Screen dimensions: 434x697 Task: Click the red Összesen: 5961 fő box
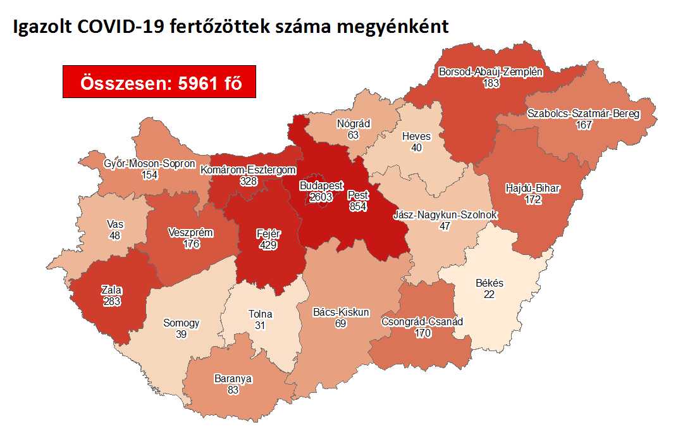(x=159, y=82)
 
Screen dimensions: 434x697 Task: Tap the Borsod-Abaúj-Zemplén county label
(x=491, y=71)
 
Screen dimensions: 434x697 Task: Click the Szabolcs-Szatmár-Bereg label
(x=583, y=114)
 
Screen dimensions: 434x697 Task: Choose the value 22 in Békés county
(x=489, y=295)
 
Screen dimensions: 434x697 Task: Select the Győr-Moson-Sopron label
(x=150, y=164)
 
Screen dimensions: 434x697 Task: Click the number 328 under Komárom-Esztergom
(x=248, y=181)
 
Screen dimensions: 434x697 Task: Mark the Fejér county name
(x=268, y=233)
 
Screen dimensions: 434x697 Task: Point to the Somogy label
(x=182, y=323)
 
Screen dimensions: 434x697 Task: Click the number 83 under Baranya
(x=233, y=390)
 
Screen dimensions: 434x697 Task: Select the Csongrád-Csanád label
(x=423, y=321)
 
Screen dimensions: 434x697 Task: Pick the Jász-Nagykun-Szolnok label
(x=445, y=215)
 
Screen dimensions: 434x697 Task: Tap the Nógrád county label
(x=354, y=124)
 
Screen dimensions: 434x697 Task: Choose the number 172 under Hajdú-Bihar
(x=534, y=200)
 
